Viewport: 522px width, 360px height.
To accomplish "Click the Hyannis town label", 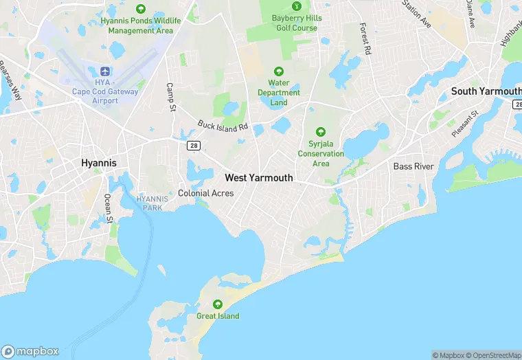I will click(x=99, y=163).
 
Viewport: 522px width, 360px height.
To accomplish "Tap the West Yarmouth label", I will click(x=259, y=178).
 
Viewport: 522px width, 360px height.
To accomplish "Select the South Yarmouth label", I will click(x=486, y=91).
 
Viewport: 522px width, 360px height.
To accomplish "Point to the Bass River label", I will click(x=412, y=167).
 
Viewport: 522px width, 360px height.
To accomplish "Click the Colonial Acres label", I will click(x=206, y=194).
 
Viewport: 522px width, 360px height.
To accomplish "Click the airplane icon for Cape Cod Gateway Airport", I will click(x=104, y=72).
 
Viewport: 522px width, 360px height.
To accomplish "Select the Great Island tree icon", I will click(x=218, y=304).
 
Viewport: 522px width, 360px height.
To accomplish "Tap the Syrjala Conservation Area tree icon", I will click(x=320, y=132).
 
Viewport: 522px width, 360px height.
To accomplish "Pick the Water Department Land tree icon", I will click(x=279, y=71).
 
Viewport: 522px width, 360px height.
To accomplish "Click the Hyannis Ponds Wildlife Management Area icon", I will click(x=141, y=9).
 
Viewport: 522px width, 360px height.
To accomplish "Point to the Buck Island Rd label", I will click(x=223, y=126).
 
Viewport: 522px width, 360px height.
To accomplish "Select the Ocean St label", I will click(x=108, y=208).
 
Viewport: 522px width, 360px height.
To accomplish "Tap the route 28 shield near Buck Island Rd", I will click(x=194, y=145).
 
